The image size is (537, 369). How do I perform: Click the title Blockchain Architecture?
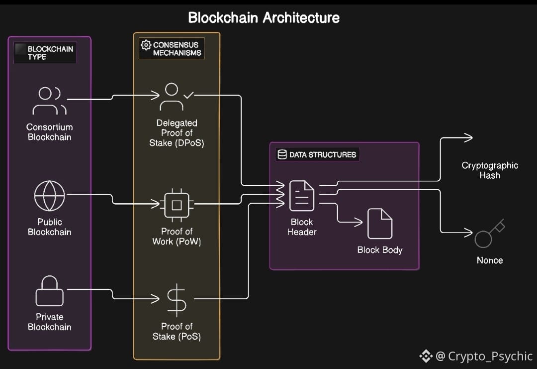coord(264,18)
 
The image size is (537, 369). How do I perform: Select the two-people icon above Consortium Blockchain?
coord(49,101)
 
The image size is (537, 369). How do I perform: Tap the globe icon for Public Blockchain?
coord(49,196)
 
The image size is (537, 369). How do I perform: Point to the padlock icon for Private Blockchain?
coord(49,291)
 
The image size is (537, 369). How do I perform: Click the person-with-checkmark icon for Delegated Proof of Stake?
coord(175,97)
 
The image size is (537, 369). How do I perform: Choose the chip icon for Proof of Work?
coord(176,204)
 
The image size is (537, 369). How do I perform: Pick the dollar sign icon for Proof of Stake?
coord(176,299)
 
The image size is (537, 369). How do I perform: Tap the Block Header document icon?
coord(302,196)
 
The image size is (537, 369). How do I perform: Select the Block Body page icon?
coord(379,224)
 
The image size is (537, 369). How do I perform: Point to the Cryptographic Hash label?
coord(490,170)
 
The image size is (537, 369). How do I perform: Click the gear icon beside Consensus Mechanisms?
coord(146,45)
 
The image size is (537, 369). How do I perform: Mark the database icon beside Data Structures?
coord(282,154)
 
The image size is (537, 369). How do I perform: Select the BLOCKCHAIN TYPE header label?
coord(50,53)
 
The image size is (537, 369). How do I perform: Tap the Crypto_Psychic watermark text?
coord(490,356)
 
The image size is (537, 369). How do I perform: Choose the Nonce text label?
coord(490,260)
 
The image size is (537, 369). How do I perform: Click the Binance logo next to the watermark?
coord(426,356)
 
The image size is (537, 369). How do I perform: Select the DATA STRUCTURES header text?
coord(323,155)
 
